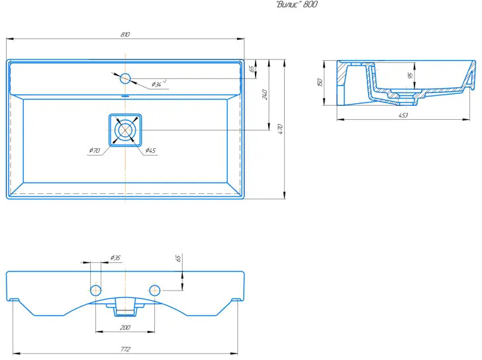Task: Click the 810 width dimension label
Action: [125, 34]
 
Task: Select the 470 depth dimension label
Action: [279, 128]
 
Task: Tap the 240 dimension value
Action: [265, 95]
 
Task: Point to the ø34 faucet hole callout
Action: [159, 84]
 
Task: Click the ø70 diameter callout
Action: [95, 150]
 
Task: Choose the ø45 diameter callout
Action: [150, 150]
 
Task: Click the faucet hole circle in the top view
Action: [125, 79]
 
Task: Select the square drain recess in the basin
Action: [125, 130]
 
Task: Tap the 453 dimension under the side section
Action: [403, 115]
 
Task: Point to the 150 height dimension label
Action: [319, 82]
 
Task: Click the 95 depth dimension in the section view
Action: [410, 75]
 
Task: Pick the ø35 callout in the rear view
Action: [115, 257]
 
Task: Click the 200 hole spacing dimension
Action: [124, 328]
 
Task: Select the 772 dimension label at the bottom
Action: [125, 349]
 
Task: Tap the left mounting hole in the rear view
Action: [95, 290]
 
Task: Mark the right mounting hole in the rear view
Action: [155, 290]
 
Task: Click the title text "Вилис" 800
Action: [297, 4]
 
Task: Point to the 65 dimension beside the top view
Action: [252, 69]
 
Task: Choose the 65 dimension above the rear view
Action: [178, 258]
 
